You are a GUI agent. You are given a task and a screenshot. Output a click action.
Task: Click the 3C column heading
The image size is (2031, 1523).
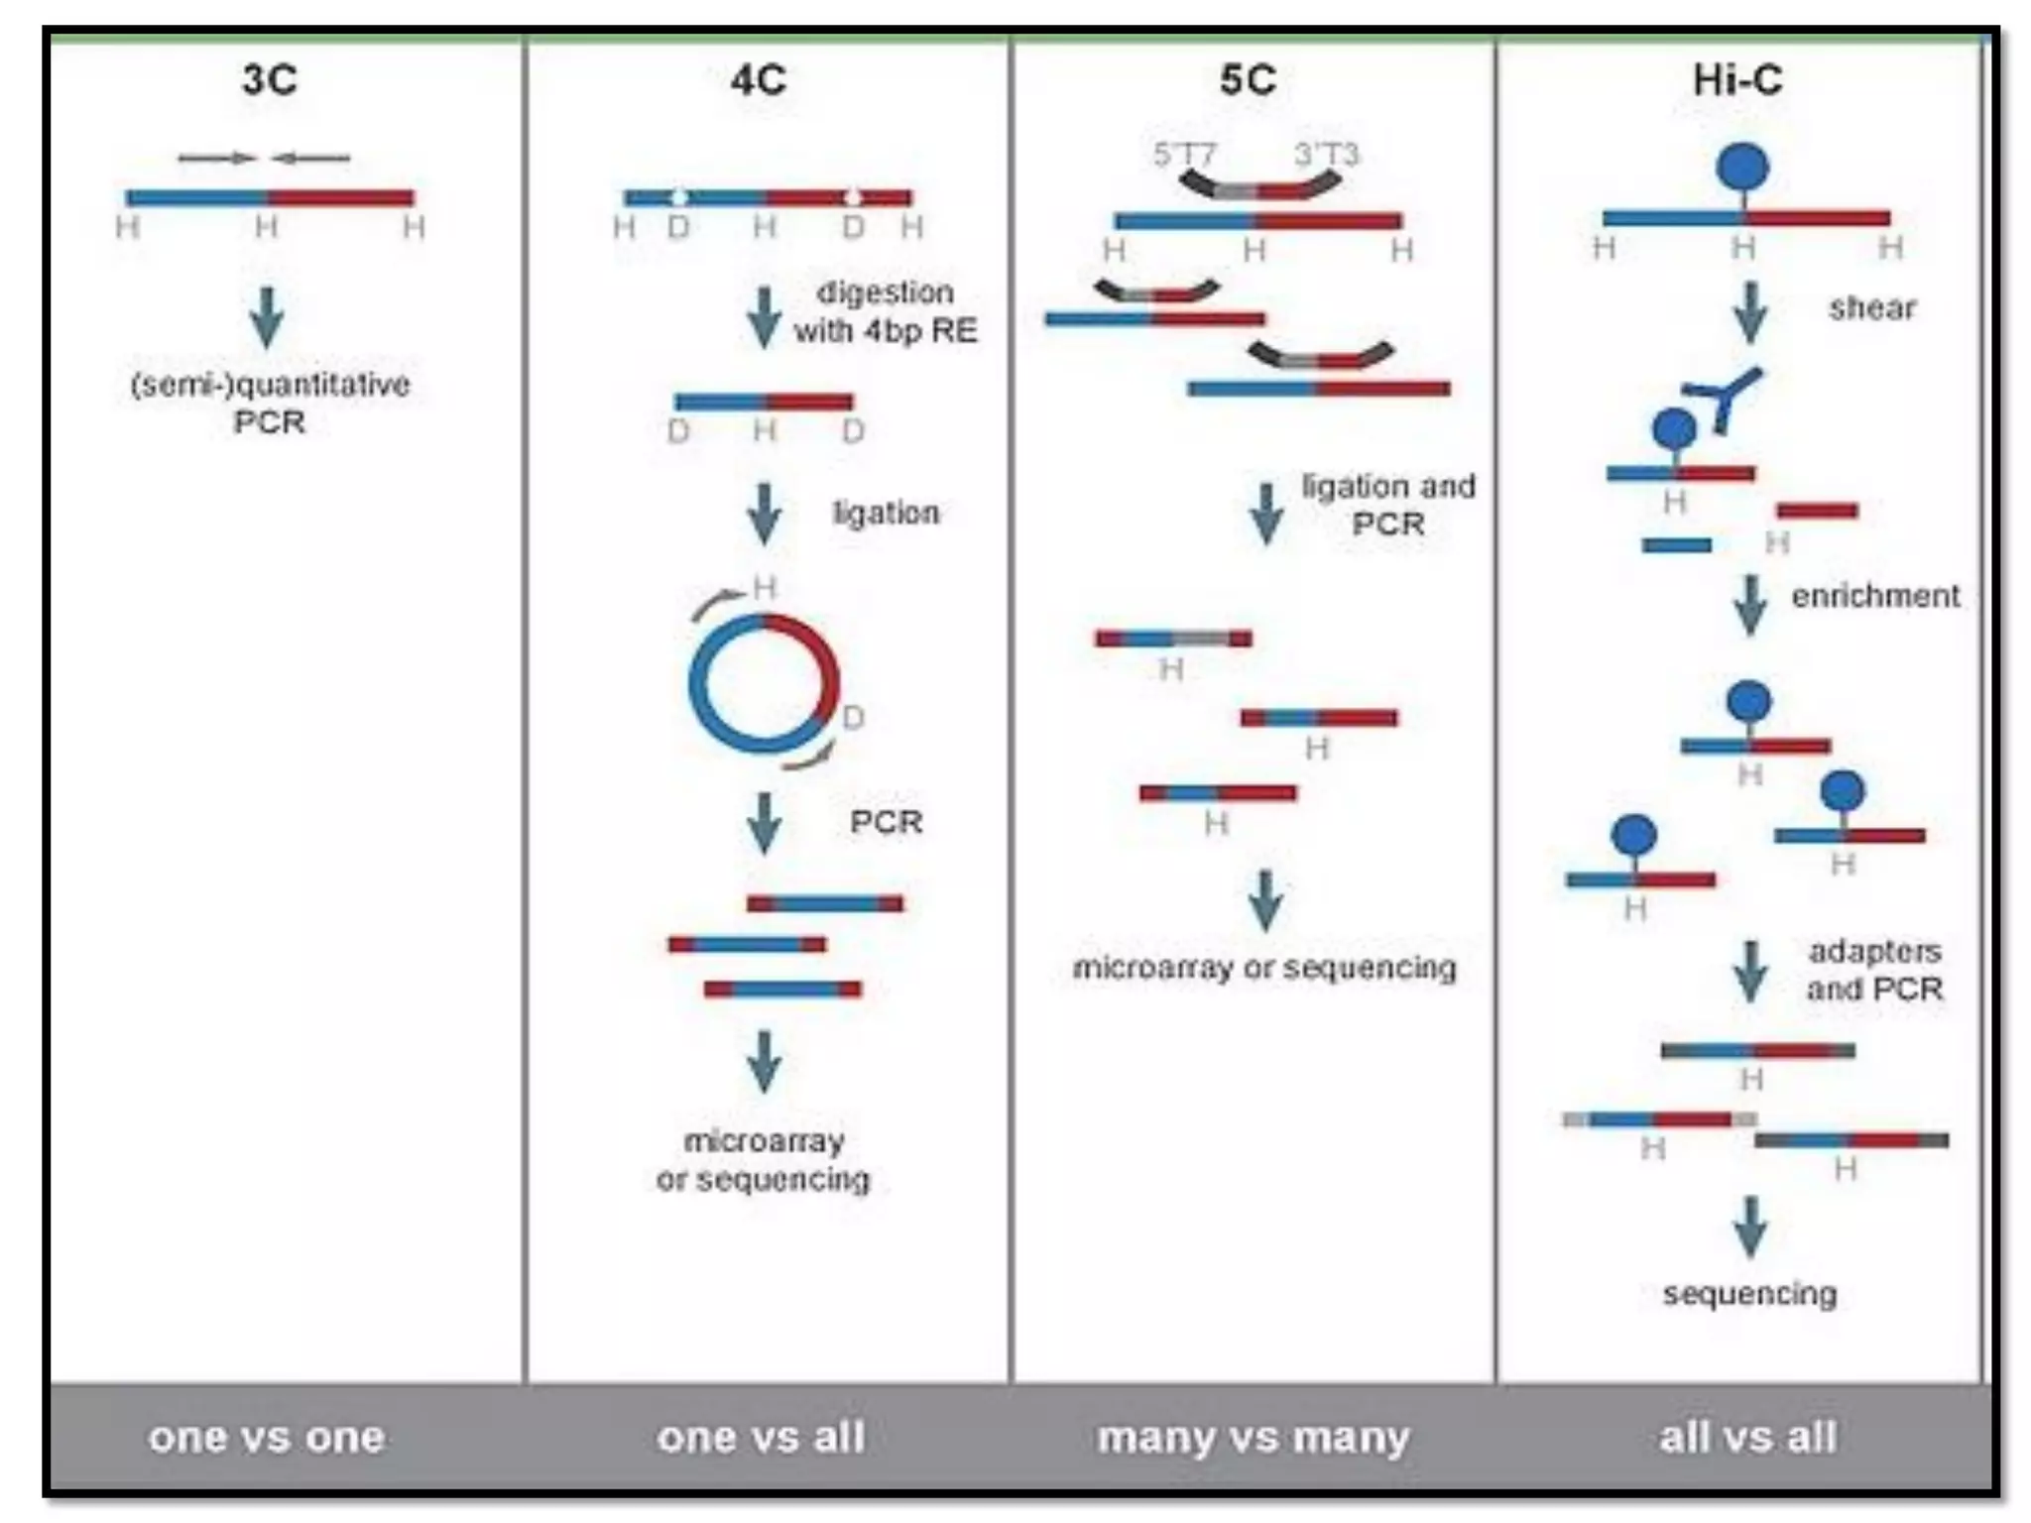point(269,79)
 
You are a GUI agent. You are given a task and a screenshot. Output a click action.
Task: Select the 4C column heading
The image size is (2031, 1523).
point(759,79)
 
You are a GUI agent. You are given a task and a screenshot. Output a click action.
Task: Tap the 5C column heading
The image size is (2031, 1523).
point(1248,79)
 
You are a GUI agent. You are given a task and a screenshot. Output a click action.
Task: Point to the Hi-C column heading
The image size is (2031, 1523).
point(1737,79)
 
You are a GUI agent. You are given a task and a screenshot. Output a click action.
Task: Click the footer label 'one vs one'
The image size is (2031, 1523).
point(267,1437)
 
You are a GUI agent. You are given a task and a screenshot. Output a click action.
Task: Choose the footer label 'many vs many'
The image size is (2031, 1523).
point(1253,1437)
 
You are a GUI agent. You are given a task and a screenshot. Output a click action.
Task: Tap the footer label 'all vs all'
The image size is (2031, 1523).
point(1747,1437)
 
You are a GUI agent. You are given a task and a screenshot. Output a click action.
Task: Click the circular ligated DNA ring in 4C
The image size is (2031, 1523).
point(764,683)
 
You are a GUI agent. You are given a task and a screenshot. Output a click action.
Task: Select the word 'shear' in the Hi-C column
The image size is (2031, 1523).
point(1871,308)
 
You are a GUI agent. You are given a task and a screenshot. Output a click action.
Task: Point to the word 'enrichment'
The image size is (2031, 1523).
point(1875,596)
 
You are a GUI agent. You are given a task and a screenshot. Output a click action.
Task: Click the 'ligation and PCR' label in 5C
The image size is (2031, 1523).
point(1388,505)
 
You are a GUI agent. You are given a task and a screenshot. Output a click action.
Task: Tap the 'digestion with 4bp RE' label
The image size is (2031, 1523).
point(885,311)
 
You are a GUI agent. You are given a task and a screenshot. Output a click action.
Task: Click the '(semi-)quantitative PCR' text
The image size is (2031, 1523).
point(270,403)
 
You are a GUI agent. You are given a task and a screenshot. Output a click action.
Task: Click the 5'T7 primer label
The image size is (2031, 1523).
point(1184,155)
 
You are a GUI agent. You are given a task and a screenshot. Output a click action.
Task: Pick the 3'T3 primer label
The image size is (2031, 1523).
point(1326,155)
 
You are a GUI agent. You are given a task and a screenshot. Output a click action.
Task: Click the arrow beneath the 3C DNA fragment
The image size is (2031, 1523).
point(267,317)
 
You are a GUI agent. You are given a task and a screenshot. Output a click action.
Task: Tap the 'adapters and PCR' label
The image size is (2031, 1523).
point(1874,970)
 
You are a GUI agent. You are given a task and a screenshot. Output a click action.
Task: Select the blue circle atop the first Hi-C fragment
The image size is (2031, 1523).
point(1742,167)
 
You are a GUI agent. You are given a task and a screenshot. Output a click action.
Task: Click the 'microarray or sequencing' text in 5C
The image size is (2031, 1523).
point(1264,968)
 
